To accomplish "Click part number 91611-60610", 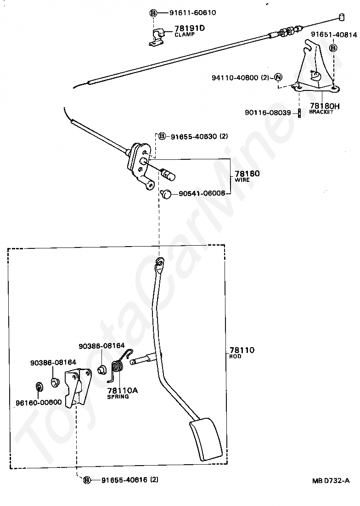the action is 192,12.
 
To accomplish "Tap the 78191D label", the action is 190,28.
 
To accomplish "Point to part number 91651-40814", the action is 334,34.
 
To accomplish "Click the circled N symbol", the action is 279,77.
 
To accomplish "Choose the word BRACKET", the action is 321,112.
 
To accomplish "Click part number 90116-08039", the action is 268,112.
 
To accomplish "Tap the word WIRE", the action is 242,180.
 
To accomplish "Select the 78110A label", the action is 123,390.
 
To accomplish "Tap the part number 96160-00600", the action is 39,402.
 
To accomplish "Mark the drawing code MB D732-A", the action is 331,480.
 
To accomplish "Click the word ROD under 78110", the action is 235,356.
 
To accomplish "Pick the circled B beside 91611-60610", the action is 153,13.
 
